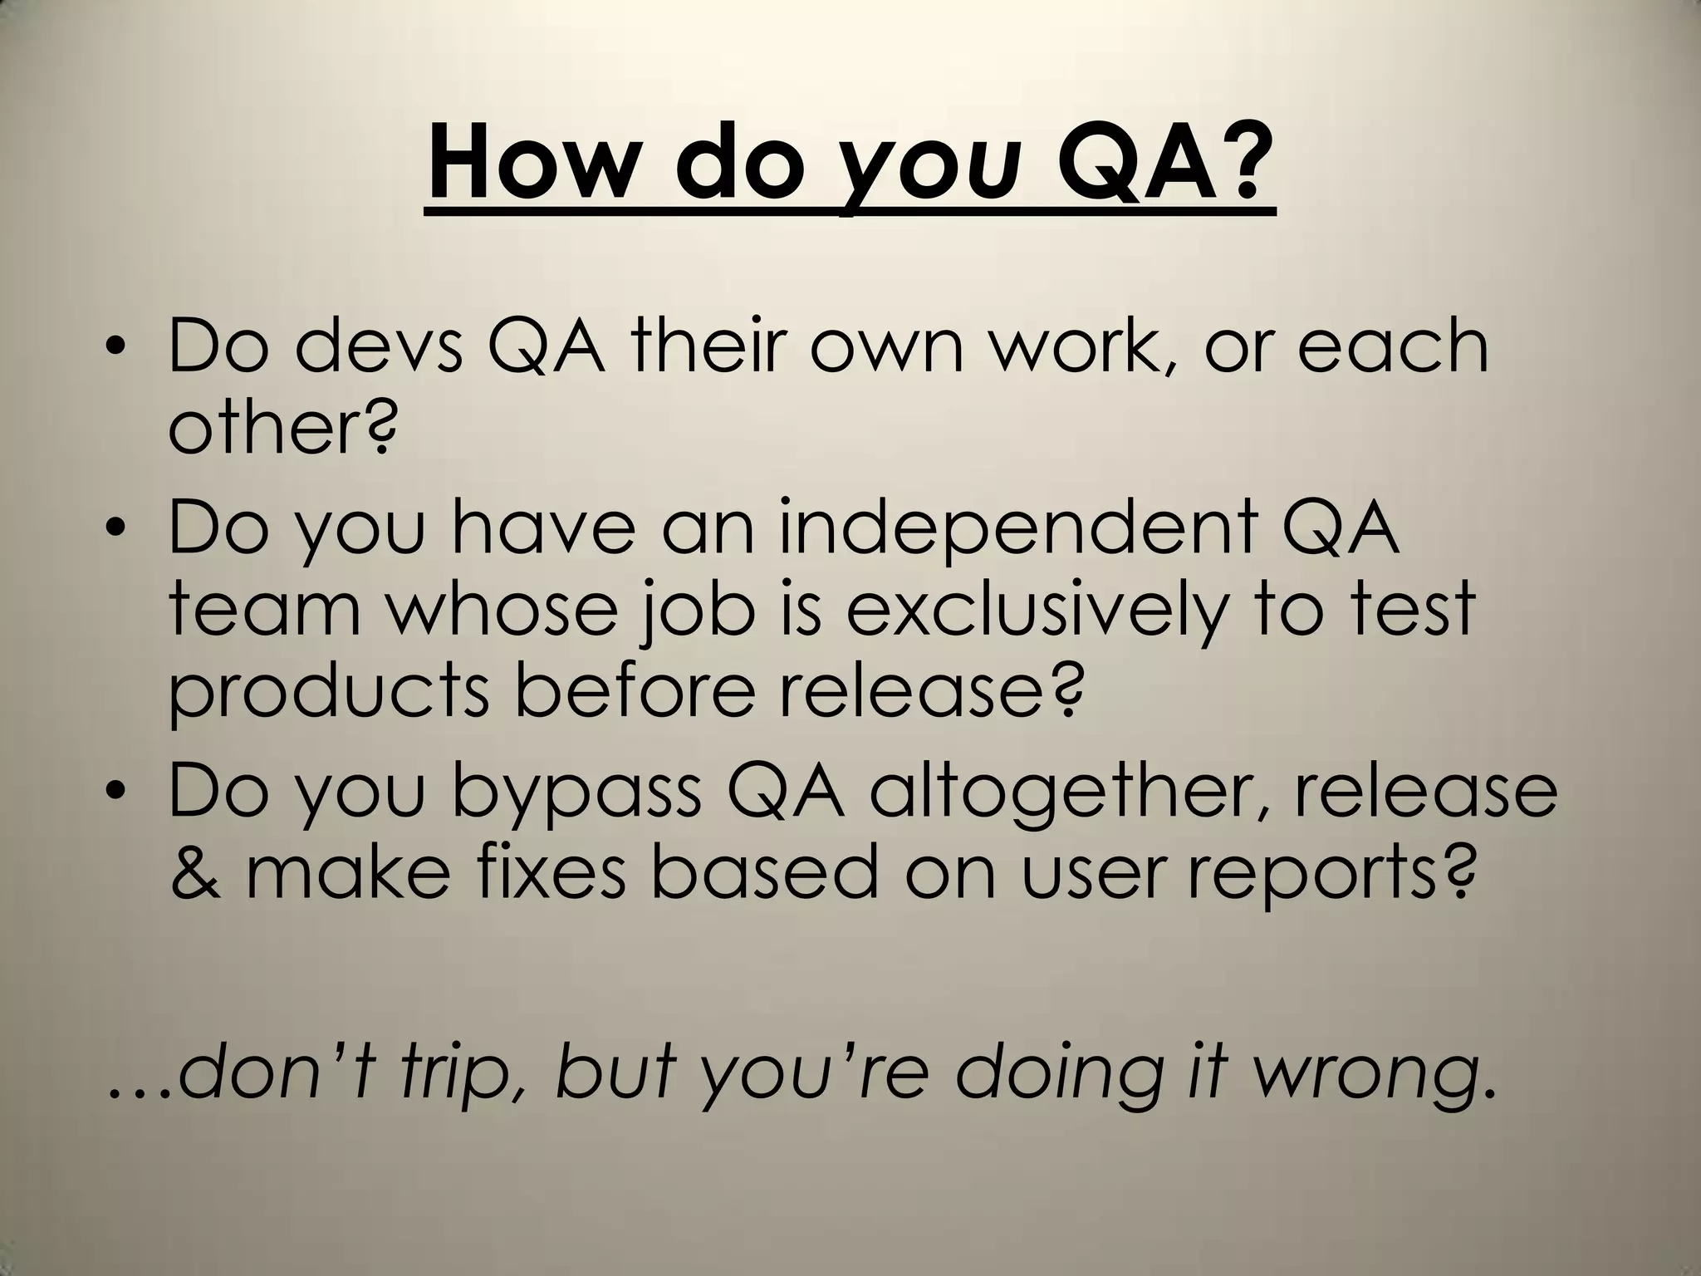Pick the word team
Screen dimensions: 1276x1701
(265, 611)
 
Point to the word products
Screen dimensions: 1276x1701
(330, 694)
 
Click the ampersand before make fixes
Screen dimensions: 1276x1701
(197, 872)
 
